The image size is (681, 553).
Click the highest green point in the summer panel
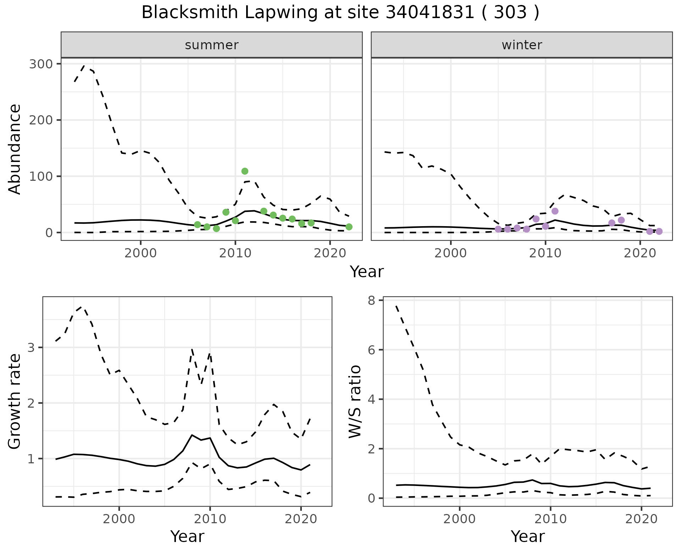(x=245, y=171)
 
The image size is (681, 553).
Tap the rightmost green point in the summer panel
(x=349, y=227)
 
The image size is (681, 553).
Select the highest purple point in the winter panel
(x=555, y=211)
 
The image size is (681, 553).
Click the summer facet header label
(x=212, y=45)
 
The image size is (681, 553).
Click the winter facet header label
(x=522, y=45)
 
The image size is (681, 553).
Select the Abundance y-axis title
(x=15, y=149)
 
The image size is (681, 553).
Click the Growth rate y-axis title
(x=15, y=402)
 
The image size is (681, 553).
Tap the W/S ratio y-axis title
(x=355, y=402)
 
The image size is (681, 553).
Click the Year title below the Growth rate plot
(x=187, y=536)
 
